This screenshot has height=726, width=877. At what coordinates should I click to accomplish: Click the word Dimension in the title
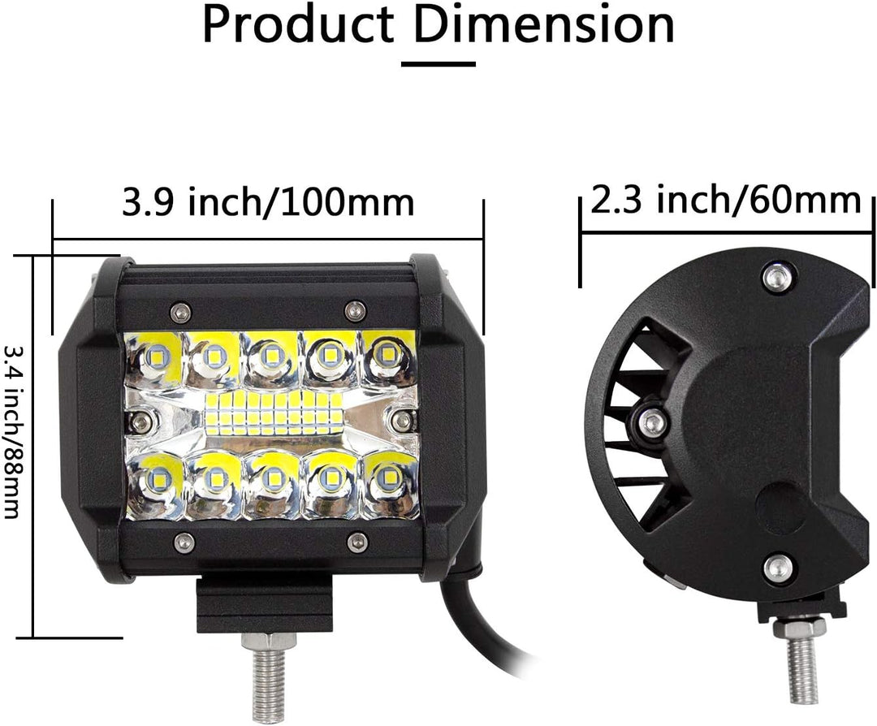(544, 26)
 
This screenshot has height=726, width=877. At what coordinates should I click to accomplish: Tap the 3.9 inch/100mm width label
(268, 201)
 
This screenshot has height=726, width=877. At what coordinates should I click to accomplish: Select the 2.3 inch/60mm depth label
(725, 200)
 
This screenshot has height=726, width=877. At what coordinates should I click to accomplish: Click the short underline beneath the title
(438, 61)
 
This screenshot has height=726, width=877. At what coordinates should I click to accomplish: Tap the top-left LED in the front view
(154, 356)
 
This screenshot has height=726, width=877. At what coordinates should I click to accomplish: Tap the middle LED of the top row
(270, 356)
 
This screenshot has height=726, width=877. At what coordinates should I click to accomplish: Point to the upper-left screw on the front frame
(180, 309)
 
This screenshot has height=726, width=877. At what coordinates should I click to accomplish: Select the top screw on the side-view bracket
(778, 278)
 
